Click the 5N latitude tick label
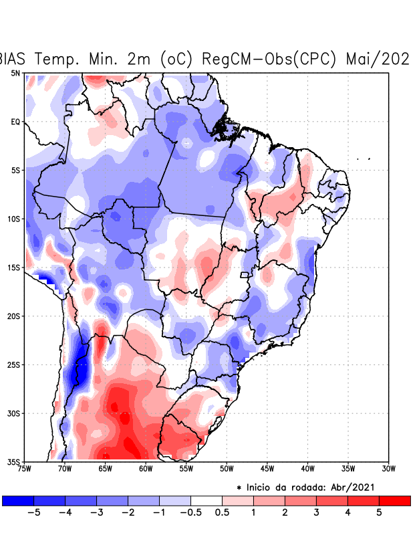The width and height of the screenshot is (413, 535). tap(15, 73)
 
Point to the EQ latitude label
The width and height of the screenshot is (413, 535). tap(15, 122)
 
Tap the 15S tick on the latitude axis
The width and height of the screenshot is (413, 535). tap(13, 267)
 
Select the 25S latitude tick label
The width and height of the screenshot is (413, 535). tap(13, 365)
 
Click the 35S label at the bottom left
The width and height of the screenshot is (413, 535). tap(13, 462)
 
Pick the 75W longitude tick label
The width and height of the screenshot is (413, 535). tap(25, 469)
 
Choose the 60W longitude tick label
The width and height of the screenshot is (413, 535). tap(146, 469)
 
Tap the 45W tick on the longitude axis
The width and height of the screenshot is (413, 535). tap(267, 469)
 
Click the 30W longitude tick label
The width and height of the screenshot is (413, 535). tap(388, 469)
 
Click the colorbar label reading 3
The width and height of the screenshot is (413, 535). tap(316, 513)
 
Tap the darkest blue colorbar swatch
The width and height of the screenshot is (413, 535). tap(18, 500)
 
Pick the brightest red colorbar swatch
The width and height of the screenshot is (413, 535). tap(394, 500)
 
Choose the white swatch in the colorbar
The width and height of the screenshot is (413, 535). tap(206, 500)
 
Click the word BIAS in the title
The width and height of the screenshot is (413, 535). tap(15, 59)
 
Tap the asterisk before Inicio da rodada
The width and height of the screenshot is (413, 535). tap(239, 488)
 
